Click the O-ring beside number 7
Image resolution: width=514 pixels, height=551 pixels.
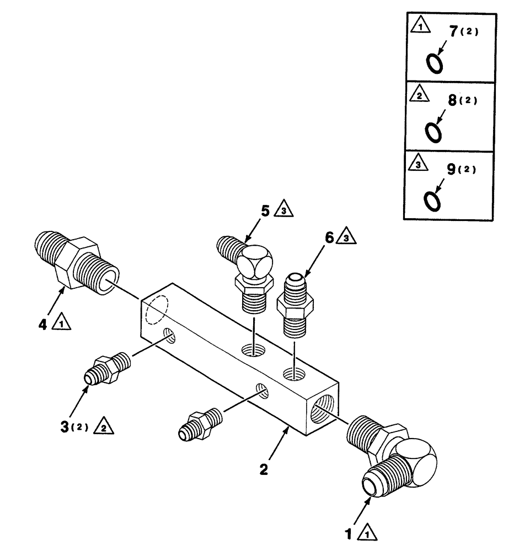(x=435, y=64)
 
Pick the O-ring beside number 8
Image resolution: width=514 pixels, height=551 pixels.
(x=433, y=132)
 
